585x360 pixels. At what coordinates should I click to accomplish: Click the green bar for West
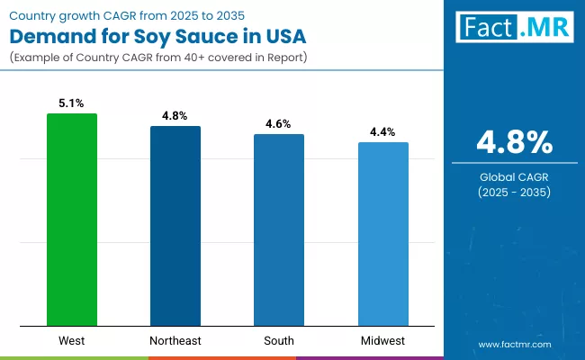coord(72,220)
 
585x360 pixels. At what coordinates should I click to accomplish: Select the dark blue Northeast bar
coord(175,226)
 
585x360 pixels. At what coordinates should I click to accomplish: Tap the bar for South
coord(279,229)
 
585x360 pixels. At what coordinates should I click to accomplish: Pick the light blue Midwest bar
coord(383,234)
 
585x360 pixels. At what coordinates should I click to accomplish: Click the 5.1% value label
coord(72,103)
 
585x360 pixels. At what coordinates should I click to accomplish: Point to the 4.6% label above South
coord(279,124)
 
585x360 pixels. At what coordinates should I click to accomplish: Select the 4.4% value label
coord(383,132)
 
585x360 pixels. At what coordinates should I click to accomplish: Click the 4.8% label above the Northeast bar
coord(175,116)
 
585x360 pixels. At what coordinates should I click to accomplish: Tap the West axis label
coord(72,340)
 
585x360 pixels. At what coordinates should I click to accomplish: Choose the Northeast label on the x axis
coord(175,340)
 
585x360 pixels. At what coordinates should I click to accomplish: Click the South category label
coord(279,340)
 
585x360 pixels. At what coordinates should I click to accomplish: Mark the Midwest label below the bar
coord(383,340)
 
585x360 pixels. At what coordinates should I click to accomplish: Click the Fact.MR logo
coord(515,28)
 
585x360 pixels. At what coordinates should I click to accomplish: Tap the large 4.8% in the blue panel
coord(514,142)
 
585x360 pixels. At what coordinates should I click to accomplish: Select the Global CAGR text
coord(514,177)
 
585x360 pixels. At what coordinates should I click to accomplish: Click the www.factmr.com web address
coord(514,344)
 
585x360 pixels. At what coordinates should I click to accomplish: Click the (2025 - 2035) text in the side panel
coord(514,193)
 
